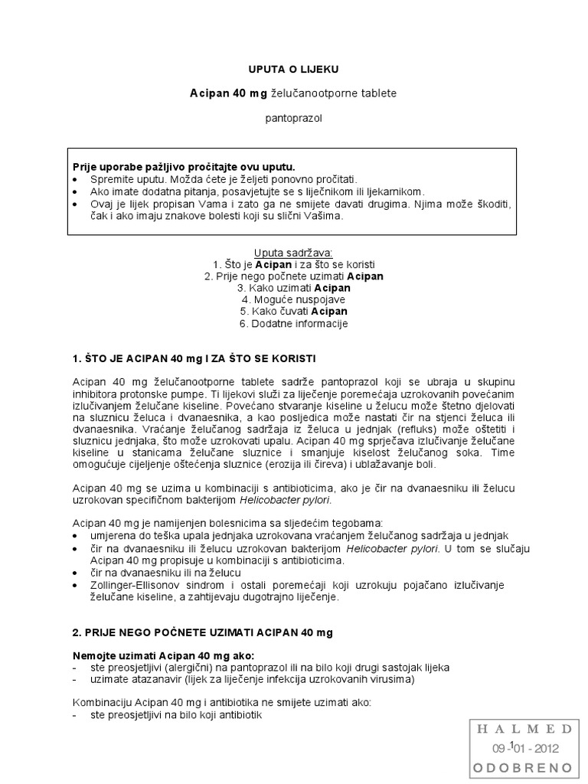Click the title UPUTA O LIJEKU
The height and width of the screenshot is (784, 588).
click(x=293, y=69)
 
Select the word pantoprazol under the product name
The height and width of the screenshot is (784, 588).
click(x=293, y=119)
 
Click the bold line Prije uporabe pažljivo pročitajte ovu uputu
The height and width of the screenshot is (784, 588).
click(x=183, y=167)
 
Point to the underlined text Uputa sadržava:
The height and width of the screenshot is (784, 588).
click(x=293, y=252)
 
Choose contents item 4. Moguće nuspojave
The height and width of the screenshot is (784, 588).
click(x=293, y=299)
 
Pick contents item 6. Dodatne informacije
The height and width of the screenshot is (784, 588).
click(x=293, y=324)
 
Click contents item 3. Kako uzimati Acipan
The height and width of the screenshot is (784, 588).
click(x=293, y=288)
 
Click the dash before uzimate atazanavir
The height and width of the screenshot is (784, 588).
click(x=74, y=679)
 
